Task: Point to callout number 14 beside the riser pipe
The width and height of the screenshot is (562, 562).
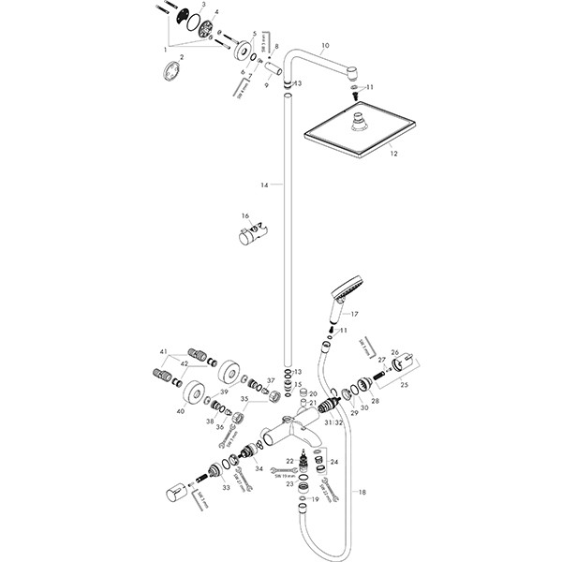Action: click(264, 186)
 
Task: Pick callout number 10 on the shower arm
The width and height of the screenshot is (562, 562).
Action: click(326, 45)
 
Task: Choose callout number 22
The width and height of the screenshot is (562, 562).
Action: click(290, 461)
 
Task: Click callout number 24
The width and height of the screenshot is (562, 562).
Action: click(334, 462)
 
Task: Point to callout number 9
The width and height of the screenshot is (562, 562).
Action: click(265, 85)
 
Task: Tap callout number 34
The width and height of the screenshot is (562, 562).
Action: click(259, 468)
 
